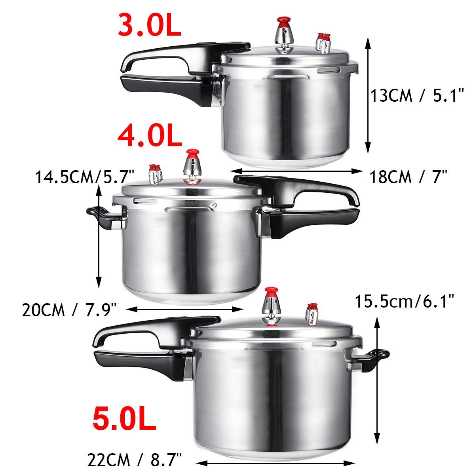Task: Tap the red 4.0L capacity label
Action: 150,135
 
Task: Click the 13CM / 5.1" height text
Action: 417,96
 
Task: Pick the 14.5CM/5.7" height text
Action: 85,177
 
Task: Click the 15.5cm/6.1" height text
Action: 403,303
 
